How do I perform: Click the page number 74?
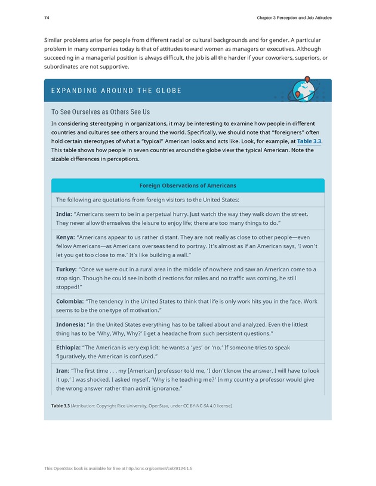click(47, 18)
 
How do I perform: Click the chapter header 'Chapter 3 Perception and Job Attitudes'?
click(294, 18)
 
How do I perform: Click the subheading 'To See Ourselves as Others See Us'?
click(100, 112)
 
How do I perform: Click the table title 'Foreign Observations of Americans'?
click(187, 185)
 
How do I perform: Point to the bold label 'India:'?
click(64, 213)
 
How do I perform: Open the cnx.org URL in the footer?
click(161, 469)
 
